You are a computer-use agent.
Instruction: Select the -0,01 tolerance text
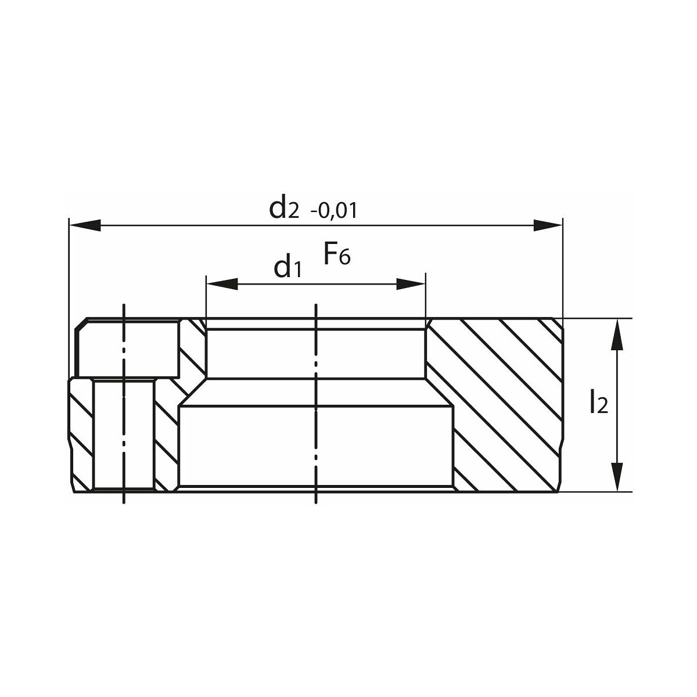[334, 211]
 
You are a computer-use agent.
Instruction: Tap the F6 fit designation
[337, 254]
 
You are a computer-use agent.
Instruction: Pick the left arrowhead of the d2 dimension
[85, 225]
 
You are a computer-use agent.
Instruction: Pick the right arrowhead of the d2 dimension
[548, 225]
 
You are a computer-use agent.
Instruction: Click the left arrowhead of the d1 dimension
[222, 284]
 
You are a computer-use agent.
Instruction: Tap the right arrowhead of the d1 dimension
[411, 284]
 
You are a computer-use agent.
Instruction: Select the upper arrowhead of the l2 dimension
[617, 334]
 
